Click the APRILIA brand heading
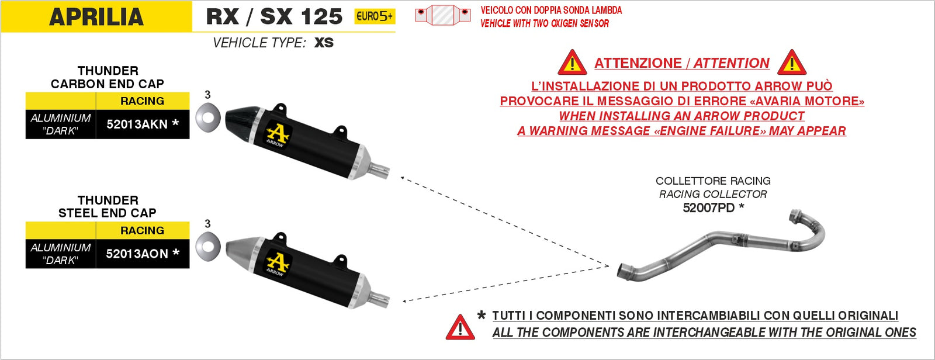96,16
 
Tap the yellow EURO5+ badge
375,16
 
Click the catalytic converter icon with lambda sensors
442,15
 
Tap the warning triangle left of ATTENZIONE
572,63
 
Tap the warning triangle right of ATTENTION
792,63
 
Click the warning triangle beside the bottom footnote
460,328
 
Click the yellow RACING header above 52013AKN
142,101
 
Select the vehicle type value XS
324,43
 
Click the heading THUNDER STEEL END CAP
108,206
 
